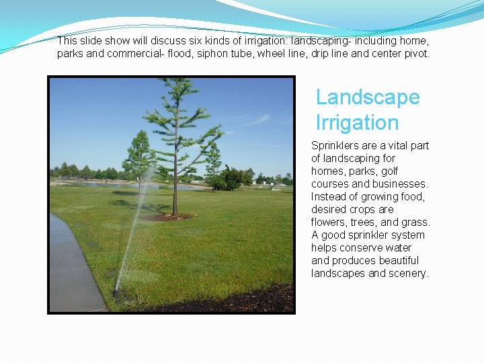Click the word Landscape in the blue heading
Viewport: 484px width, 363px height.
click(x=368, y=97)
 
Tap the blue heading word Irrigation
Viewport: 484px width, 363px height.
click(x=357, y=123)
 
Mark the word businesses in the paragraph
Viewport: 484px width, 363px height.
click(x=401, y=184)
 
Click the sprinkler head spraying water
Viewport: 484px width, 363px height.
click(x=116, y=293)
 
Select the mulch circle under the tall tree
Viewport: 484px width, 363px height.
click(x=169, y=217)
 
